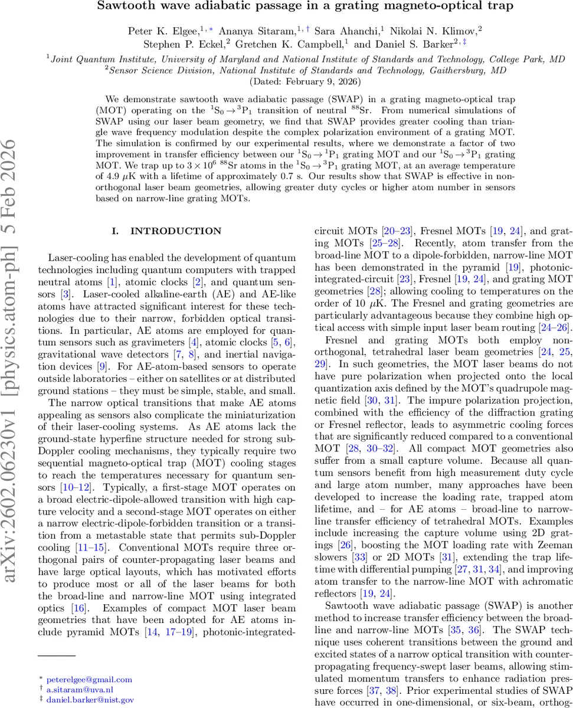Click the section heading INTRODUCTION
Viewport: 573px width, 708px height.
(168, 231)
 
